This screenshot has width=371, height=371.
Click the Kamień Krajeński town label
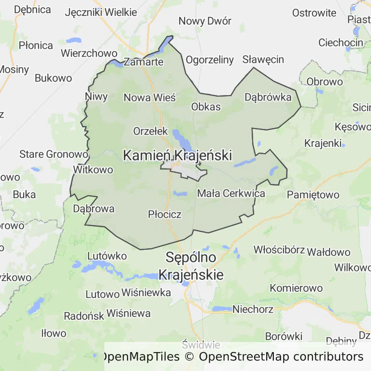177,156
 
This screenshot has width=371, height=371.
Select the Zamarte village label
143,62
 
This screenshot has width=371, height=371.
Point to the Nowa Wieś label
150,98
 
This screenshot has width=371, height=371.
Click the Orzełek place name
150,131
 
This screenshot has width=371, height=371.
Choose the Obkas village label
206,107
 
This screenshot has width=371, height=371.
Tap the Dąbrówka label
268,97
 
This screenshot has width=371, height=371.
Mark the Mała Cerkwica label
231,194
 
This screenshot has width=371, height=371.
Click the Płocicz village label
165,214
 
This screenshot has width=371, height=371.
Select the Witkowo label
93,170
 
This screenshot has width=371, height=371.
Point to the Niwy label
96,96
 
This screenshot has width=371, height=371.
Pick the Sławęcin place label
263,59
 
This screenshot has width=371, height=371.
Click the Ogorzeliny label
210,60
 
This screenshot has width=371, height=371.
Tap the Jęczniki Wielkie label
97,12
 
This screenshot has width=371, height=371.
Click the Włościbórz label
279,250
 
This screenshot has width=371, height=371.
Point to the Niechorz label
253,309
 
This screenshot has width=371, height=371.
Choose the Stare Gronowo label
54,155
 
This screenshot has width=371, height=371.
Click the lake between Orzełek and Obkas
182,140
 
